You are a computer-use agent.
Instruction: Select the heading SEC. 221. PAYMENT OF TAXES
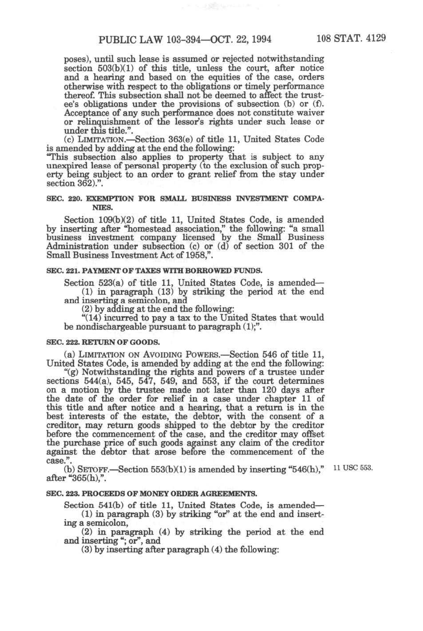(154, 271)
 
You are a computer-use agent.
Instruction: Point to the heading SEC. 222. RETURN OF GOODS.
(103, 343)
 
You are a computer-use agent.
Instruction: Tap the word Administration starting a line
(77, 246)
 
